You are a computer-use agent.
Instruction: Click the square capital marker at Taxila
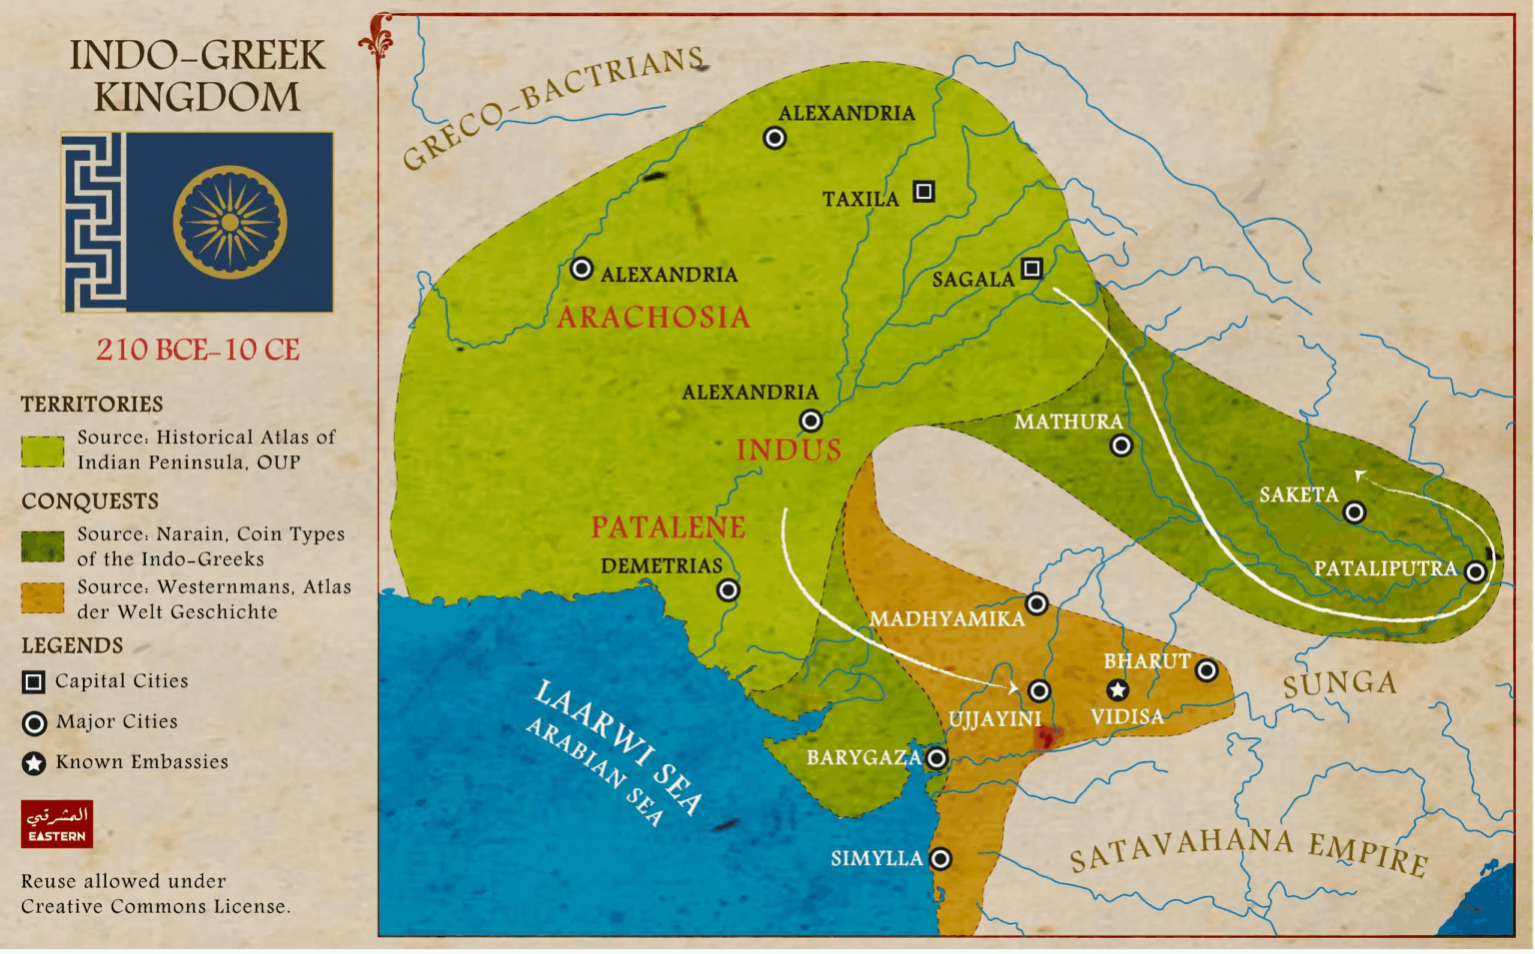click(x=924, y=191)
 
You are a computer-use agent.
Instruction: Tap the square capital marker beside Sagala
click(x=1032, y=268)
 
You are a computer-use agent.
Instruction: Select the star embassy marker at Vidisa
click(x=1117, y=689)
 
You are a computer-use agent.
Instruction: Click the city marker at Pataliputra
click(x=1475, y=571)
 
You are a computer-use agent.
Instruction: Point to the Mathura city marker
click(x=1121, y=446)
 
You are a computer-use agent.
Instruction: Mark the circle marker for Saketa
click(x=1354, y=512)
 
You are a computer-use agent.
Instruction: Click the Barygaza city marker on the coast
click(x=936, y=758)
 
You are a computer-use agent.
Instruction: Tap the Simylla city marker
click(x=940, y=858)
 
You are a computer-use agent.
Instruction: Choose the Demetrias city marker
click(x=729, y=590)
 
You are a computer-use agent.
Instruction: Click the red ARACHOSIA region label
click(x=653, y=318)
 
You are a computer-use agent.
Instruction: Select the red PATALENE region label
click(x=668, y=527)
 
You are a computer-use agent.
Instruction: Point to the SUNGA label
click(x=1339, y=684)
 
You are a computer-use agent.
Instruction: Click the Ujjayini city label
click(x=994, y=719)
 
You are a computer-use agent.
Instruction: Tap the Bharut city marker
click(x=1206, y=670)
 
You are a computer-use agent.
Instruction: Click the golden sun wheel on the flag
click(x=230, y=222)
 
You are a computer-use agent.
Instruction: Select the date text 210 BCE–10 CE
click(x=198, y=350)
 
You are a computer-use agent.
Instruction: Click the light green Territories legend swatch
click(x=43, y=451)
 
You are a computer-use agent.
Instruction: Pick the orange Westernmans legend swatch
click(x=43, y=598)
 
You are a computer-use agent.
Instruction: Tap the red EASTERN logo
click(x=57, y=824)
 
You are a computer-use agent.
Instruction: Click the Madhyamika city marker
click(x=1037, y=603)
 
